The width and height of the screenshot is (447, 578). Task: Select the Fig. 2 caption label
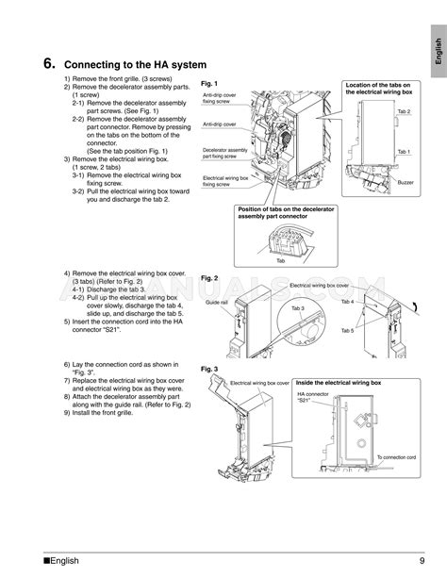point(211,278)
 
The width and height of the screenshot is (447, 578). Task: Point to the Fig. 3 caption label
point(211,369)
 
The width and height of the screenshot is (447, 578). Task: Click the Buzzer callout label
point(406,181)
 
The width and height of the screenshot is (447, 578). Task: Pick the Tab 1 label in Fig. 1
point(404,151)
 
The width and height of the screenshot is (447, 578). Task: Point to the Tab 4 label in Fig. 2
point(347,302)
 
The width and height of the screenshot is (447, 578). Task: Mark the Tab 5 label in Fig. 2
point(347,330)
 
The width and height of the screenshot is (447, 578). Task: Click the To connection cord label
point(395,456)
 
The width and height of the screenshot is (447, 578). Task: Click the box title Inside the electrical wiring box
point(339,383)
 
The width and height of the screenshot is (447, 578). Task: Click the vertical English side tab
point(438,48)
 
